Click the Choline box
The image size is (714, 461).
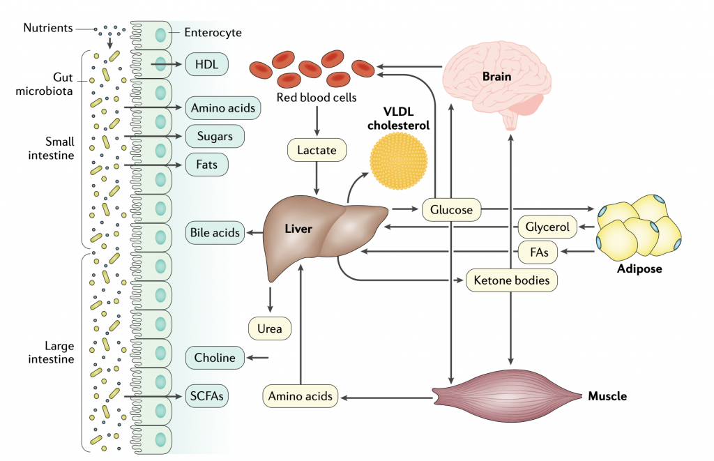pyautogui.click(x=215, y=358)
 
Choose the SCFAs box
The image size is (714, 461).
pyautogui.click(x=207, y=396)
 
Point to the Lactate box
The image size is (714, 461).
pyautogui.click(x=317, y=150)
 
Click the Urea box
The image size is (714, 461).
pyautogui.click(x=269, y=328)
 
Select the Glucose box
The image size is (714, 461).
pyautogui.click(x=451, y=209)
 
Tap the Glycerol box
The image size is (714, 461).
pyautogui.click(x=548, y=227)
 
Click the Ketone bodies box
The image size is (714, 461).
pyautogui.click(x=512, y=280)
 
